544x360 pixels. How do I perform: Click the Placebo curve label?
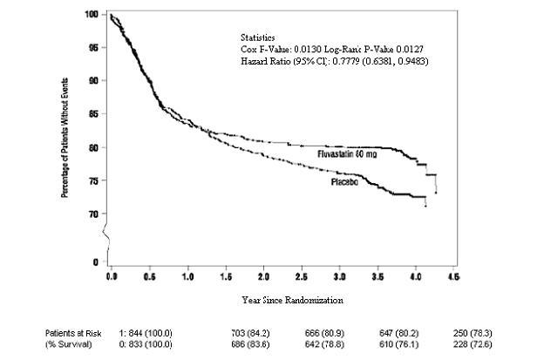tap(347, 184)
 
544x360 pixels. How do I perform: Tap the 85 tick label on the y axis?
tap(92, 113)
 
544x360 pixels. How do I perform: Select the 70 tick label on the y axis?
tap(92, 214)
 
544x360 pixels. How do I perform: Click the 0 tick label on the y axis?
tap(95, 262)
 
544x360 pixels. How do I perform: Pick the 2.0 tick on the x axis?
tap(263, 275)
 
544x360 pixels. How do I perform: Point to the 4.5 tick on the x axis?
tap(453, 275)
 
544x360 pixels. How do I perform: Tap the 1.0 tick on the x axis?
tap(187, 275)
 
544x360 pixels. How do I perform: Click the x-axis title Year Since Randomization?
tap(292, 300)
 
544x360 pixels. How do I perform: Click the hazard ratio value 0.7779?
tap(338, 62)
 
